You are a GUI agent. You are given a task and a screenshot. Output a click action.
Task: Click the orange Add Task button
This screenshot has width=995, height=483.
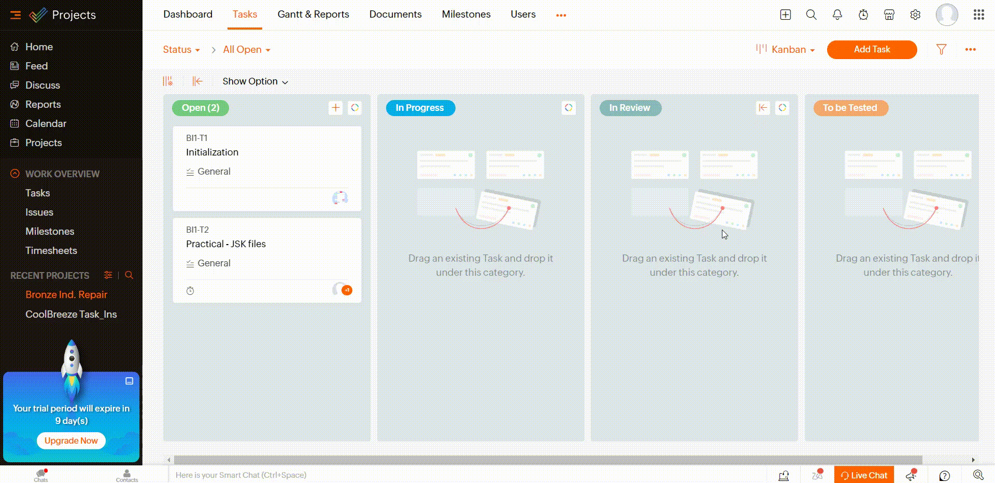pyautogui.click(x=872, y=49)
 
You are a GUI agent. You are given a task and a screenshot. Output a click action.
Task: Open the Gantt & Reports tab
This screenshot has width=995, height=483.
pyautogui.click(x=313, y=15)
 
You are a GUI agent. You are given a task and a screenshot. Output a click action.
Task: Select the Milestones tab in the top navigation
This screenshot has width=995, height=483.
pyautogui.click(x=466, y=15)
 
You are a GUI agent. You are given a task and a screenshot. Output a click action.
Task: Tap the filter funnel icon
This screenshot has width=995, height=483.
pyautogui.click(x=941, y=49)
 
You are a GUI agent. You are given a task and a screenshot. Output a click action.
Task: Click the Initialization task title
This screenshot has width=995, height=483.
pyautogui.click(x=212, y=152)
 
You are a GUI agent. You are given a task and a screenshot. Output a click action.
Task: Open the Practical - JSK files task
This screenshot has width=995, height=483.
pyautogui.click(x=225, y=244)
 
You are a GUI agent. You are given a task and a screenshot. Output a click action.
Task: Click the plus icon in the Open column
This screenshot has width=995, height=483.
pyautogui.click(x=336, y=108)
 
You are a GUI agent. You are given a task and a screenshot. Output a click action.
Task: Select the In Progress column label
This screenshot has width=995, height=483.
pyautogui.click(x=420, y=108)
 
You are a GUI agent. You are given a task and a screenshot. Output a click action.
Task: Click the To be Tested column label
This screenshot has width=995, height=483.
pyautogui.click(x=850, y=108)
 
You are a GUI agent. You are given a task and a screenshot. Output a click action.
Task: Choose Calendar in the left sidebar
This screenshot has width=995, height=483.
pyautogui.click(x=46, y=123)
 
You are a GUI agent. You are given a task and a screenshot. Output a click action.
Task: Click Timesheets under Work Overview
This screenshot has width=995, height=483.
pyautogui.click(x=51, y=250)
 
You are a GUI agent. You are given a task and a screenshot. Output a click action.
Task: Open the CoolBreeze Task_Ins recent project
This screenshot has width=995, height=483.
pyautogui.click(x=71, y=314)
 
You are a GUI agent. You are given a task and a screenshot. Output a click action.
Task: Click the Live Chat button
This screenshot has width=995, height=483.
pyautogui.click(x=863, y=475)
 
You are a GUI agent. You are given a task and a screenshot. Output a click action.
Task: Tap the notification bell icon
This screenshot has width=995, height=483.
pyautogui.click(x=837, y=15)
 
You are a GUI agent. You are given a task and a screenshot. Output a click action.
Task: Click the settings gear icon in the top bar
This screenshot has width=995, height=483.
pyautogui.click(x=915, y=15)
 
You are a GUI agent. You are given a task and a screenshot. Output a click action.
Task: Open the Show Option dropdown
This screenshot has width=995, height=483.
pyautogui.click(x=255, y=81)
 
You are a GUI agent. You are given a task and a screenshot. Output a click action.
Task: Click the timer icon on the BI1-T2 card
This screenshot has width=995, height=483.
pyautogui.click(x=190, y=291)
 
